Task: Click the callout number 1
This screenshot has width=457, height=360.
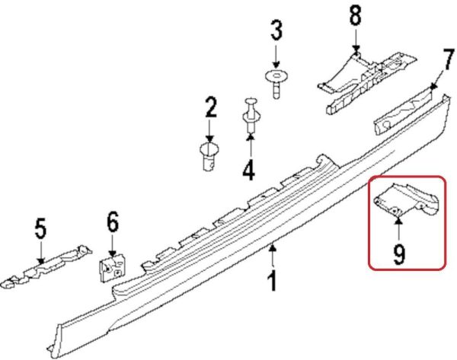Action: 272,281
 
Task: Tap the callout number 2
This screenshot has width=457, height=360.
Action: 210,107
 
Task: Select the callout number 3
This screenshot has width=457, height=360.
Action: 276,30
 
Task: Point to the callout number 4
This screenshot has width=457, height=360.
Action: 249,170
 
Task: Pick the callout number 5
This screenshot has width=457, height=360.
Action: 40,228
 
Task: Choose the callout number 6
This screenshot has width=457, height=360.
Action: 113,222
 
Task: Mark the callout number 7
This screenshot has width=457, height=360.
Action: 448,59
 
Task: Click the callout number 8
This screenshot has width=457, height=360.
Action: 355,14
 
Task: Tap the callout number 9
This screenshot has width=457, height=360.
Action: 399,254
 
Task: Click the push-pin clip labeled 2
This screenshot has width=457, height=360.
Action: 209,157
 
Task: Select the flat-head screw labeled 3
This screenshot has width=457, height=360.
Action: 276,83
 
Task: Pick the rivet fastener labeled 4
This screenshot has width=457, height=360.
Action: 251,115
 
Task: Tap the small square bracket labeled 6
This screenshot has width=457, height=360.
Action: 113,267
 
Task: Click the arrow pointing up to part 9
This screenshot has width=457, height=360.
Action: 399,230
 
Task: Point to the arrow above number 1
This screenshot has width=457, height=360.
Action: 273,256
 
